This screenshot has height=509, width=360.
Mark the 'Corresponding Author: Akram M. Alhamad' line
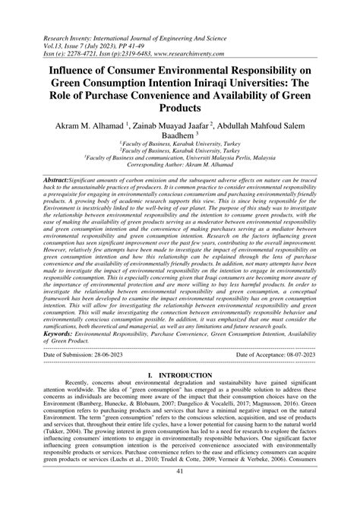tap(180, 185)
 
